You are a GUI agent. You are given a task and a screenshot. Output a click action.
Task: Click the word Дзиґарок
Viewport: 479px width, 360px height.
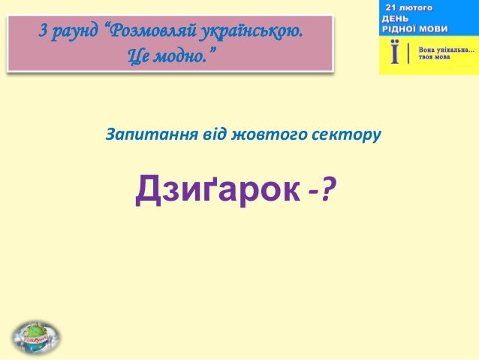point(218,193)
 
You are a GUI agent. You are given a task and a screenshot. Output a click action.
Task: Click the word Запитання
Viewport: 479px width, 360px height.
point(143,135)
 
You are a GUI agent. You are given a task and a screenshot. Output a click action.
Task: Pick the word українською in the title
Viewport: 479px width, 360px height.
point(248,34)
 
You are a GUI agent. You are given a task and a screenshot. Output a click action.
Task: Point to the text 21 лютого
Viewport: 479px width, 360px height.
point(409,7)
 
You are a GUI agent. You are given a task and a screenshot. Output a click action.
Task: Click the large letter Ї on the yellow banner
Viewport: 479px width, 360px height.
point(393,55)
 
